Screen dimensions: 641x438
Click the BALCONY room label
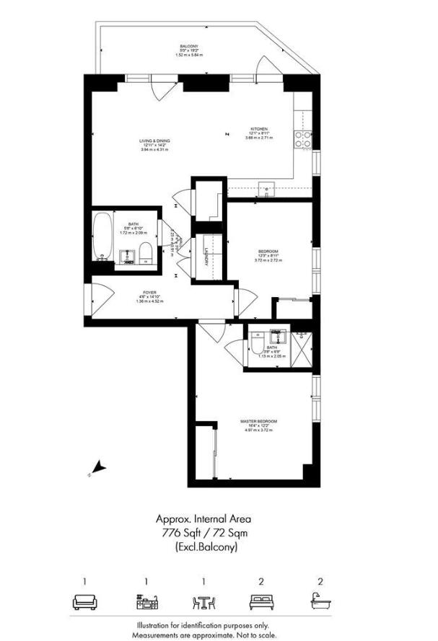tap(189, 47)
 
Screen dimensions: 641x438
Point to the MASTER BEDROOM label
tap(258, 420)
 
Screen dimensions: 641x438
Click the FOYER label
tap(148, 293)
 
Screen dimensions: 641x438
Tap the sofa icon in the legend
tap(84, 601)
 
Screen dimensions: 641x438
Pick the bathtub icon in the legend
tap(320, 601)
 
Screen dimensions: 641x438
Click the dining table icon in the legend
tap(203, 601)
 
